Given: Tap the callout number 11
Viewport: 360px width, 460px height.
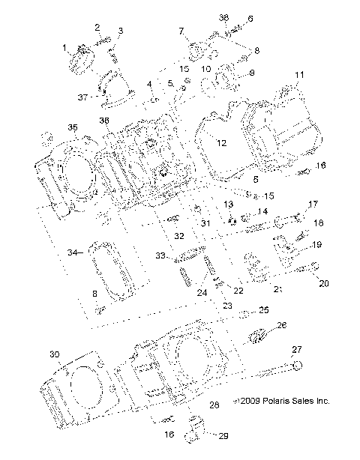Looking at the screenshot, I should pyautogui.click(x=299, y=76).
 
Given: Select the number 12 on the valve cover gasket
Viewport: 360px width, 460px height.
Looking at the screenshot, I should pyautogui.click(x=221, y=142).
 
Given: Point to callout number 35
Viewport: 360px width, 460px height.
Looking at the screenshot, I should pyautogui.click(x=72, y=127).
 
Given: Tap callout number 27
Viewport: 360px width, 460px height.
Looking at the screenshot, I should pyautogui.click(x=296, y=350).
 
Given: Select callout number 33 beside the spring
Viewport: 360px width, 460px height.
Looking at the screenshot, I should pyautogui.click(x=159, y=255).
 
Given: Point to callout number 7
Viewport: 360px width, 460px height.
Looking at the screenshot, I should pyautogui.click(x=181, y=31).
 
